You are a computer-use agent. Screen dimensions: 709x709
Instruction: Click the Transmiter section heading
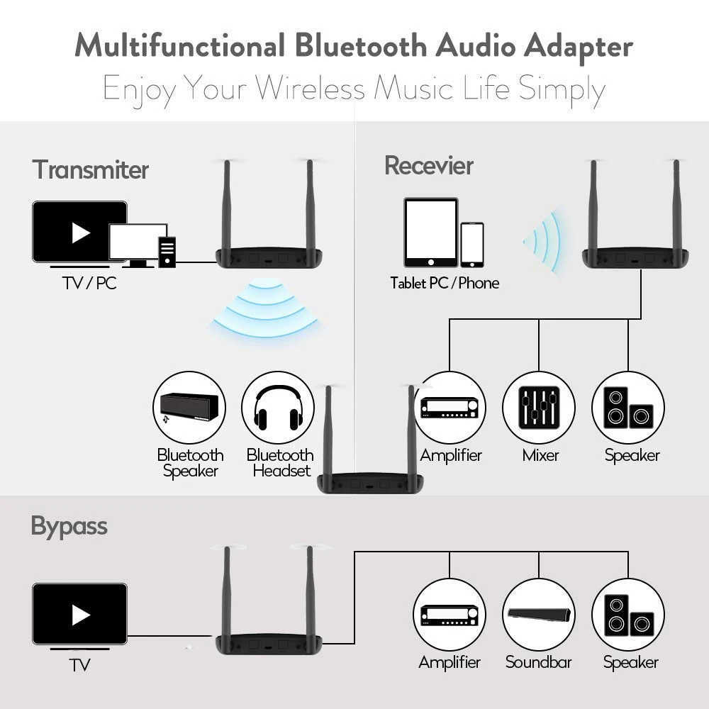pyautogui.click(x=90, y=170)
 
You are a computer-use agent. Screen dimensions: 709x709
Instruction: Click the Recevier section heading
pyautogui.click(x=428, y=166)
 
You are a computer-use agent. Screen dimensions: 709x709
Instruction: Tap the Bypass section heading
pyautogui.click(x=69, y=526)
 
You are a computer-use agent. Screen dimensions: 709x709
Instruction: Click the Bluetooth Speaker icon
pyautogui.click(x=189, y=408)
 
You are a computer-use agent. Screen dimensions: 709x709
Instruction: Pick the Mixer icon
pyautogui.click(x=539, y=408)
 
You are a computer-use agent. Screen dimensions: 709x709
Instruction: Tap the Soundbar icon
pyautogui.click(x=539, y=615)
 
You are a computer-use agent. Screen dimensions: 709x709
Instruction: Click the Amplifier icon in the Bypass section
pyautogui.click(x=450, y=615)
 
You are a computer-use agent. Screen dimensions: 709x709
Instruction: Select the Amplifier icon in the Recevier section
pyautogui.click(x=450, y=408)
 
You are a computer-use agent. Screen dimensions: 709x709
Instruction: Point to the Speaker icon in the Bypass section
pyautogui.click(x=628, y=615)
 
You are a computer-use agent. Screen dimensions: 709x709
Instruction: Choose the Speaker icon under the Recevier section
pyautogui.click(x=628, y=408)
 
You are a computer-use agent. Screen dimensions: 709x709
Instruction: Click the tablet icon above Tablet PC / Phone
pyautogui.click(x=430, y=232)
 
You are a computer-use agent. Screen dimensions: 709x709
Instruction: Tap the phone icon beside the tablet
pyautogui.click(x=471, y=245)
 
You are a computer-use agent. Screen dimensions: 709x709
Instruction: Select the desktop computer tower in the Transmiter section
pyautogui.click(x=167, y=252)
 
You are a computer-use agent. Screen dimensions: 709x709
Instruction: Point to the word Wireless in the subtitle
pyautogui.click(x=310, y=89)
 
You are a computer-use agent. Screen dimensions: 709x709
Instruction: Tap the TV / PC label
pyautogui.click(x=89, y=284)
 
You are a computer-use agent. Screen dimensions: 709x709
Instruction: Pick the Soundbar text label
pyautogui.click(x=538, y=662)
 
